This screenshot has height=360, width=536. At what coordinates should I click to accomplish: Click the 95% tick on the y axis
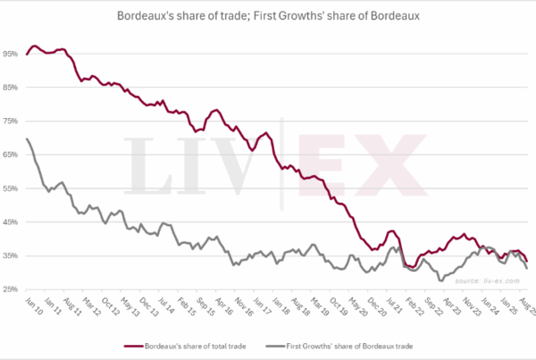click(x=11, y=54)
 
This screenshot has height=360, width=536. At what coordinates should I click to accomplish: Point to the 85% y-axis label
click(x=11, y=88)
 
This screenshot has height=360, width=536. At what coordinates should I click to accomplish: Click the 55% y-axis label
click(x=11, y=188)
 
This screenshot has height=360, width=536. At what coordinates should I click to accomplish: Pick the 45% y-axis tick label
click(x=11, y=222)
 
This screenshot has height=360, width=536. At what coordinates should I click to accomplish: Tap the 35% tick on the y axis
click(x=11, y=255)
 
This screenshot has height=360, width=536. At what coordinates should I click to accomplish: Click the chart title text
click(x=268, y=16)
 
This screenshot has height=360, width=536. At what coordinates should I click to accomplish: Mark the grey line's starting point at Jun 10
click(x=27, y=138)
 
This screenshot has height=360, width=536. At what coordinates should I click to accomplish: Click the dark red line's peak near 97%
click(x=34, y=46)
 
